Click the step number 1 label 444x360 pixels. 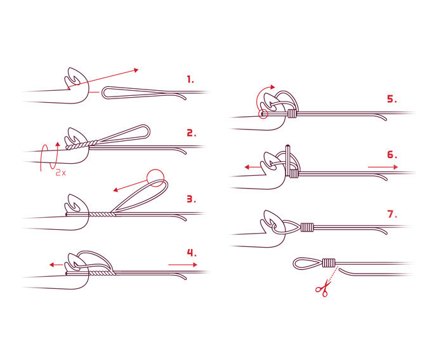pos(190,79)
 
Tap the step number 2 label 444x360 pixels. pos(191,133)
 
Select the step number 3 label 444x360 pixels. pos(191,199)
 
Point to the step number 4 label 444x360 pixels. pos(192,252)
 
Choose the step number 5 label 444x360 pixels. pos(392,99)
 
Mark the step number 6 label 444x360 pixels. pos(392,155)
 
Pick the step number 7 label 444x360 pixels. pos(392,214)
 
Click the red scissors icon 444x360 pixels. pos(323,288)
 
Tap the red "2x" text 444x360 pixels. pos(60,172)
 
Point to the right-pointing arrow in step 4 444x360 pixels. pos(183,265)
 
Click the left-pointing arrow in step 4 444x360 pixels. pos(56,265)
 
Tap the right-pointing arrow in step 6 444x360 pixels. pos(383,167)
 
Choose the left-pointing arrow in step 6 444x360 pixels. pos(252,167)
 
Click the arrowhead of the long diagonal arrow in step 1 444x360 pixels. pos(136,70)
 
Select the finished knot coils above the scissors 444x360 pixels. pos(329,263)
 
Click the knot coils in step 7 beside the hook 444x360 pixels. pos(307,227)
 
